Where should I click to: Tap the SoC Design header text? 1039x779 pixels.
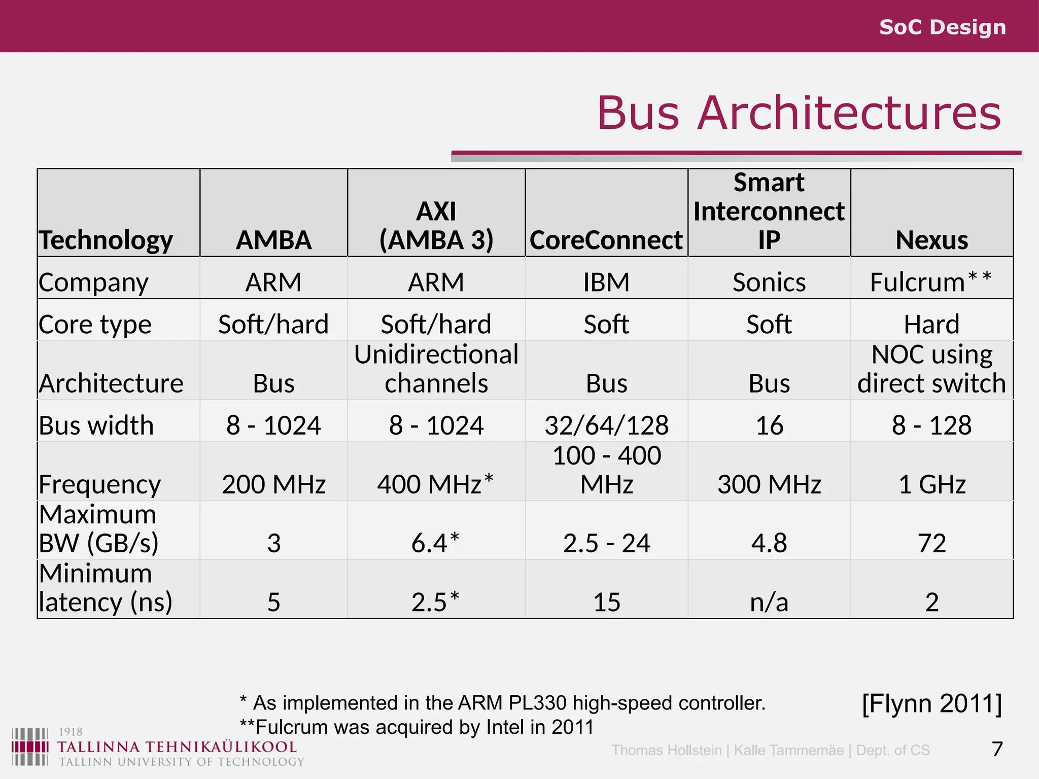click(x=942, y=27)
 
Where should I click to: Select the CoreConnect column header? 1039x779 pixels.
click(x=606, y=240)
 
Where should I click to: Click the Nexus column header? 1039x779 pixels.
click(x=931, y=240)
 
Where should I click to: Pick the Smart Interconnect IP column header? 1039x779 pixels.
click(x=769, y=211)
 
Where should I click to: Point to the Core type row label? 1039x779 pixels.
click(x=95, y=325)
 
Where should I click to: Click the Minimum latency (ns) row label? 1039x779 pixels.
click(x=106, y=588)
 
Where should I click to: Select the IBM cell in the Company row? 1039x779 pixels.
click(x=606, y=282)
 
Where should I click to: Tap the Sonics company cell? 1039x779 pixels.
click(x=769, y=282)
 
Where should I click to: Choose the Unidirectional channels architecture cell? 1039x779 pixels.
click(x=436, y=369)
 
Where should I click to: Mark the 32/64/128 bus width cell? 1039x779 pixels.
click(x=606, y=425)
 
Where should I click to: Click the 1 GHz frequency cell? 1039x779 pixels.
click(x=931, y=484)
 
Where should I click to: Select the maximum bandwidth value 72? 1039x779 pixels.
click(x=931, y=543)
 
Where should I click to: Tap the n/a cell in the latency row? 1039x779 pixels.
click(x=769, y=603)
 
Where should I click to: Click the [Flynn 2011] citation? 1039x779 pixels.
click(x=931, y=703)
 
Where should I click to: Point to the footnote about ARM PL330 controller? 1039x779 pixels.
click(x=502, y=703)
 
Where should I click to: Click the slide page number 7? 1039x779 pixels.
click(x=997, y=749)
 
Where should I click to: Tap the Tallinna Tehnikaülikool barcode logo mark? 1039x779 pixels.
click(x=30, y=747)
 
